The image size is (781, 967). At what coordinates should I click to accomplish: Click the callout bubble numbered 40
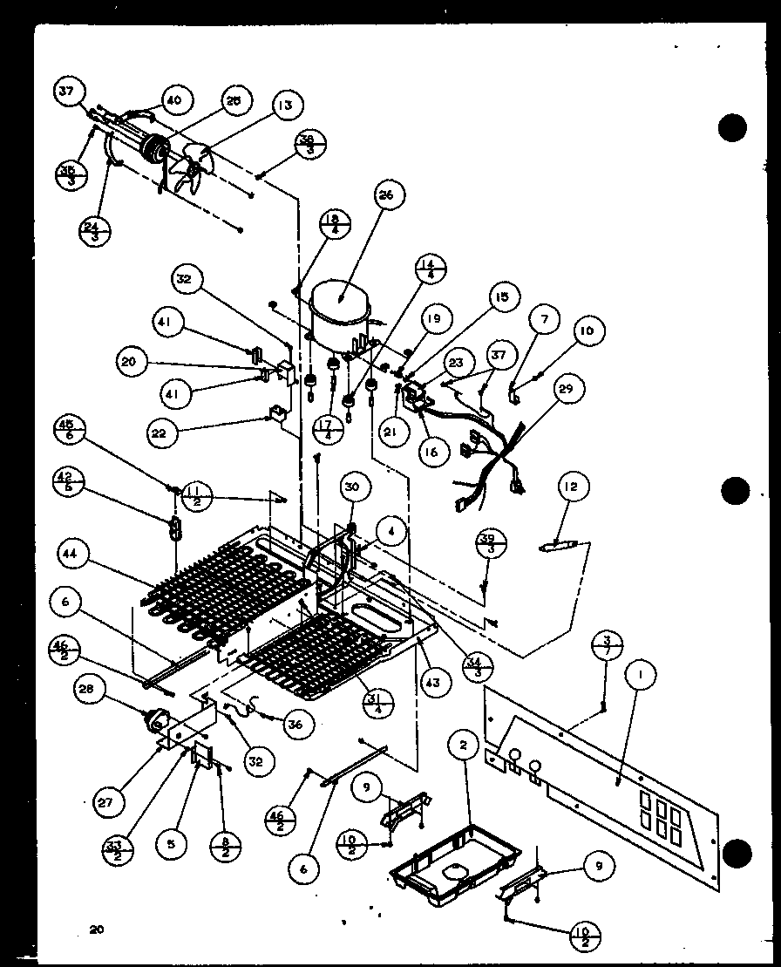(174, 100)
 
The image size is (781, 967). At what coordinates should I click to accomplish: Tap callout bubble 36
(300, 723)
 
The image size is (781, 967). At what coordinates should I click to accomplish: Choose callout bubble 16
(433, 451)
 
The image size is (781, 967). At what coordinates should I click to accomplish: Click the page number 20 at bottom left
(96, 930)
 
